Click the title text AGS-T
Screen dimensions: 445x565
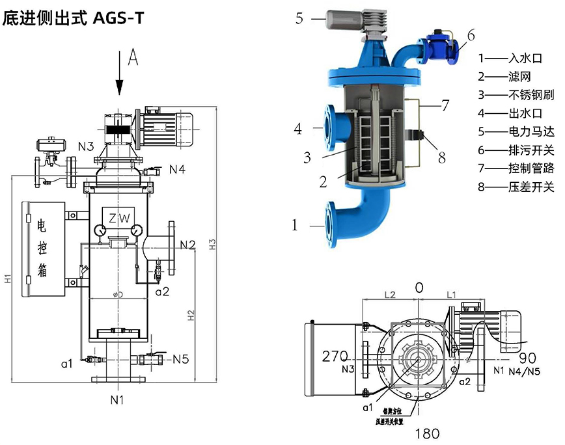[x=118, y=18]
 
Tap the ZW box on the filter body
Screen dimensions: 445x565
[x=118, y=217]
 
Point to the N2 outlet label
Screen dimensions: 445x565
[x=188, y=245]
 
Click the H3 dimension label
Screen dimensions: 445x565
[x=212, y=243]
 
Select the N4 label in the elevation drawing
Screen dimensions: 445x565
[x=177, y=170]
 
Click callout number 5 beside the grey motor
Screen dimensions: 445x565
[x=299, y=18]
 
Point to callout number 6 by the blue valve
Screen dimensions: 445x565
[x=471, y=34]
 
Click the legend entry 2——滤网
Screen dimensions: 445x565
[x=504, y=75]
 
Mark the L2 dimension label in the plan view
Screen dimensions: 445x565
[x=389, y=295]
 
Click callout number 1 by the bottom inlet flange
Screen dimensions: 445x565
[x=294, y=226]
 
